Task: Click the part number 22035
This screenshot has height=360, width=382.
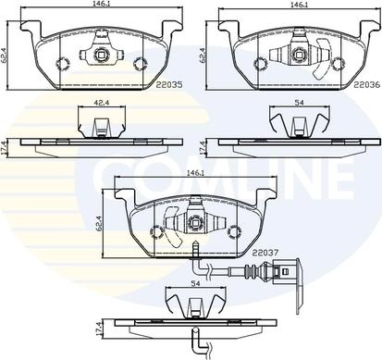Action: pyautogui.click(x=169, y=84)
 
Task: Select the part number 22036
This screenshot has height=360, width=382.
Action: pyautogui.click(x=367, y=84)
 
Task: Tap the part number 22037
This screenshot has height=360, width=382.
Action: pyautogui.click(x=265, y=253)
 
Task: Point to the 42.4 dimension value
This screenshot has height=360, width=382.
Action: pyautogui.click(x=102, y=103)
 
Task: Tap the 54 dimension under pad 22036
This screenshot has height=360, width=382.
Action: pyautogui.click(x=300, y=103)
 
